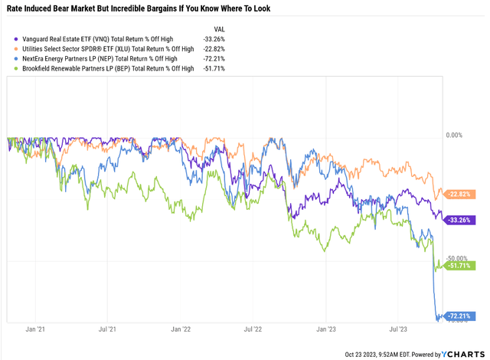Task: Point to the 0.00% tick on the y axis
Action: pyautogui.click(x=456, y=135)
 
